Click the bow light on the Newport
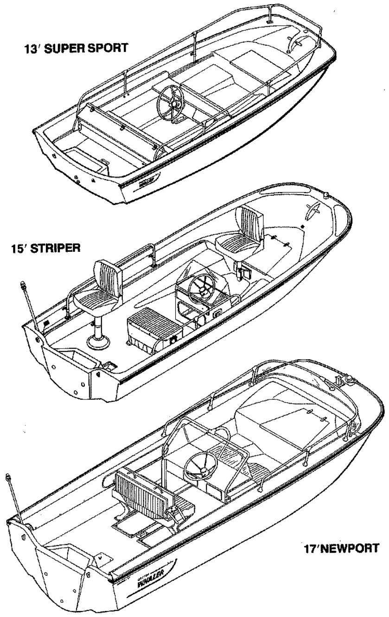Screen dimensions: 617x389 pos(340,381)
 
